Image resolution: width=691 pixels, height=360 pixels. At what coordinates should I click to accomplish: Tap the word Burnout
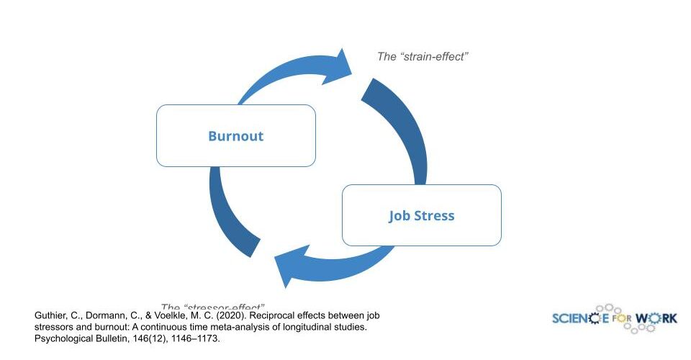tap(235, 136)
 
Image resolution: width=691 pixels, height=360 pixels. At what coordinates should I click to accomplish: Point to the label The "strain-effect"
tap(423, 56)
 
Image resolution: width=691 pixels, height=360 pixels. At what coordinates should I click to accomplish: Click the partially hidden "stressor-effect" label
tap(213, 307)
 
